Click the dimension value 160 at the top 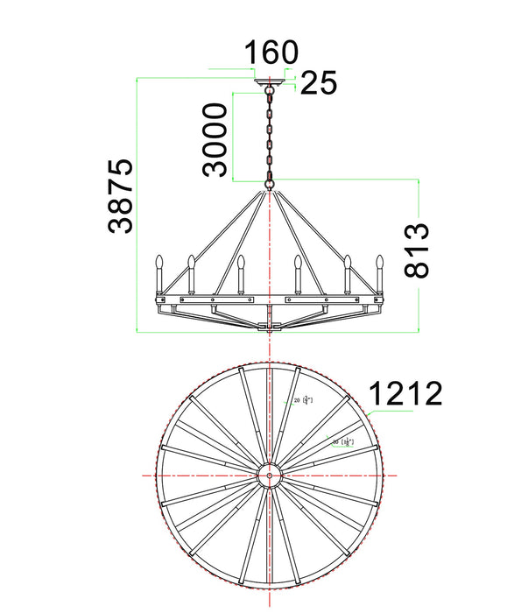pos(271,53)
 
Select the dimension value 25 pos(319,83)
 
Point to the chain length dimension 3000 pos(215,139)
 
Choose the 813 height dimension pos(417,250)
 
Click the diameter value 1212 pos(404,394)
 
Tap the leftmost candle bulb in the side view pos(160,262)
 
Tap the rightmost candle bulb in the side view pos(380,262)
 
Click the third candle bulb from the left pos(240,263)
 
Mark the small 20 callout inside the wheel pos(301,400)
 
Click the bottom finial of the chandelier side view pos(271,327)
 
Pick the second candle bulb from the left pos(190,262)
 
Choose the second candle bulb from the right pos(348,262)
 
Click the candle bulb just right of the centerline pos(298,263)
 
